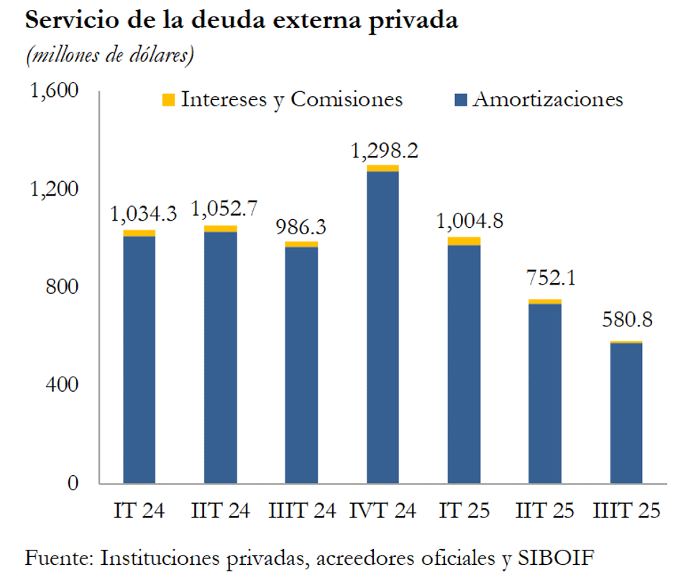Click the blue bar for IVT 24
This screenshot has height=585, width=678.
(382, 327)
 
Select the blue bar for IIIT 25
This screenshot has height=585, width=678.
(626, 413)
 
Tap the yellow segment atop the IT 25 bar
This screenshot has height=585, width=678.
(464, 241)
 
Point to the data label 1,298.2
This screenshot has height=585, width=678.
(384, 151)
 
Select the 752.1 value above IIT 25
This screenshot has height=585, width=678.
(545, 277)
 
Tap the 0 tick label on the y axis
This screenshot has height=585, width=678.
(73, 483)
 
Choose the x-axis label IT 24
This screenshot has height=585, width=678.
(139, 511)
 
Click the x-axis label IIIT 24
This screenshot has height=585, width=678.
(301, 511)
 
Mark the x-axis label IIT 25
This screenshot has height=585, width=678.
(545, 511)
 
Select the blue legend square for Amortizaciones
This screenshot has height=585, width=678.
(461, 100)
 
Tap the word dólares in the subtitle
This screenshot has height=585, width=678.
(162, 55)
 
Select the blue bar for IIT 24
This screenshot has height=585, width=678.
(220, 357)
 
